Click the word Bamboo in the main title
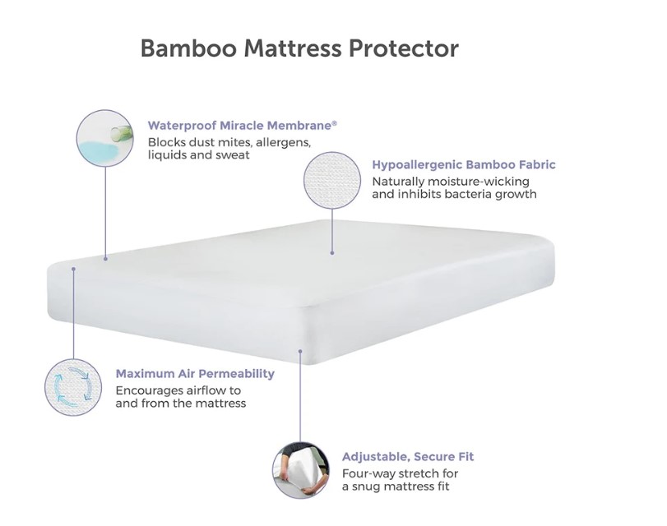click(x=188, y=48)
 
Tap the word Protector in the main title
click(x=404, y=48)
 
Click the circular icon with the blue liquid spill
click(x=105, y=138)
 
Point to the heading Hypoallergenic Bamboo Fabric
click(x=464, y=164)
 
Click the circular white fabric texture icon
click(x=332, y=180)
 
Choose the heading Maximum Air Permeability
click(x=195, y=374)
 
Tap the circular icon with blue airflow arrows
click(x=73, y=387)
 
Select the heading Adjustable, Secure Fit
click(x=408, y=457)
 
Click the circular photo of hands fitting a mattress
click(x=301, y=470)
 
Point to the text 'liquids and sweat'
click(x=199, y=155)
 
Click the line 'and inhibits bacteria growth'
click(x=454, y=194)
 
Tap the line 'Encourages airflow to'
click(x=178, y=390)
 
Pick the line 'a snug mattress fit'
click(x=396, y=487)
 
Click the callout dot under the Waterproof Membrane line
click(x=105, y=259)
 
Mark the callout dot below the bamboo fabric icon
click(x=332, y=252)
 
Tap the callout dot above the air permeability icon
click(x=73, y=269)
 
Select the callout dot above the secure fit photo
click(x=300, y=351)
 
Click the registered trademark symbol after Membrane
click(x=335, y=122)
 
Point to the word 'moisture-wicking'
click(x=478, y=182)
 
